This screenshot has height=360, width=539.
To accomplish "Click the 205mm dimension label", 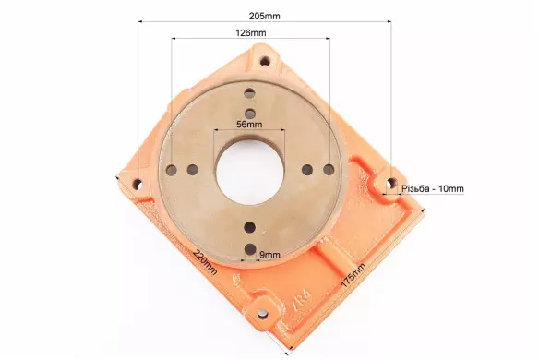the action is (x=264, y=17).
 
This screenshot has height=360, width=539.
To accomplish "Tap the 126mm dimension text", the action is (x=251, y=33).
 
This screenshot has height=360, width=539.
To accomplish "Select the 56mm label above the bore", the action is (x=249, y=124).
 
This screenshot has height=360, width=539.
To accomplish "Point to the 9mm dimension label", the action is (x=269, y=255).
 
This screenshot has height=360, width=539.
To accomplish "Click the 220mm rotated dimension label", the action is (x=205, y=261).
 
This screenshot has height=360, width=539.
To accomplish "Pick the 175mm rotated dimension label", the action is (x=353, y=275).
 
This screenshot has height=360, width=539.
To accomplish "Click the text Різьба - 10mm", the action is (x=433, y=188).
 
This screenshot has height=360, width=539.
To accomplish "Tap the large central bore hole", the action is (x=249, y=171).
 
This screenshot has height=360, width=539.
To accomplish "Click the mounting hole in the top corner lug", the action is (x=265, y=62).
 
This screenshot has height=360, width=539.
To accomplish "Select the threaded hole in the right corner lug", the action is (x=390, y=184).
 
